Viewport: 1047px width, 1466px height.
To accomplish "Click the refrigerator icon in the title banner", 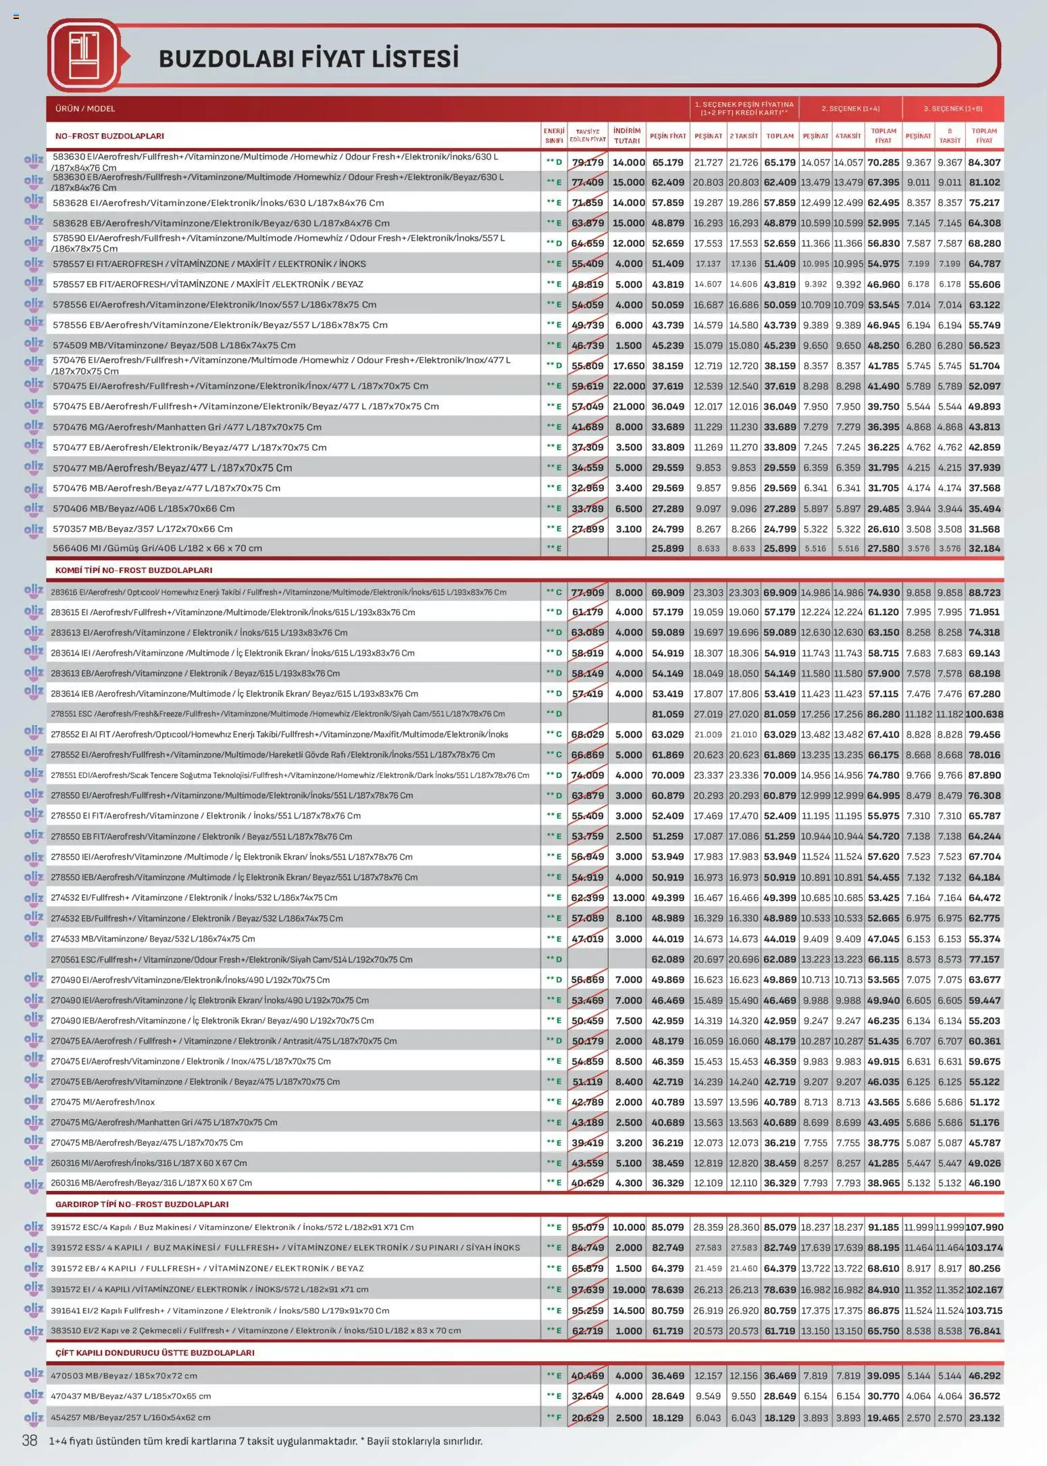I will point(84,56).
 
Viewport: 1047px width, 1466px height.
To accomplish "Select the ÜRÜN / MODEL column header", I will point(85,108).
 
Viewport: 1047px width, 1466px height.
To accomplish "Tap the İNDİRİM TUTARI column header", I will point(627,136).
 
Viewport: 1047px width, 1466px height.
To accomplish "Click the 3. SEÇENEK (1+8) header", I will point(952,108).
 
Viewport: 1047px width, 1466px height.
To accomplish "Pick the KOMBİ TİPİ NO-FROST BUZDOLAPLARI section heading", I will point(134,570).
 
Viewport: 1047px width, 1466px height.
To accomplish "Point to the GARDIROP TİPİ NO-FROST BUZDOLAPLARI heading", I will point(142,1204).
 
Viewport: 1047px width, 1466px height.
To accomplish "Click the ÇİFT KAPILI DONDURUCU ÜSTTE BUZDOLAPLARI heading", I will point(155,1352).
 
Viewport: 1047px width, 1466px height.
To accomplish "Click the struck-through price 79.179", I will point(588,162).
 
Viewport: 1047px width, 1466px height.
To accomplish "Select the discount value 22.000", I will point(628,386).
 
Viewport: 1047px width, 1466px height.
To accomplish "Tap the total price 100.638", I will point(984,714).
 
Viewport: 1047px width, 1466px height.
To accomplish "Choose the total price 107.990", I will point(984,1227).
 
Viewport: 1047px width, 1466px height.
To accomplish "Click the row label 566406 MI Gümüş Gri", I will point(157,548).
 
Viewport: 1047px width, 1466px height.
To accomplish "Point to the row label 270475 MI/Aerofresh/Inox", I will point(103,1102).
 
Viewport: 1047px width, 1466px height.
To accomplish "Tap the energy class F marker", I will point(555,1417).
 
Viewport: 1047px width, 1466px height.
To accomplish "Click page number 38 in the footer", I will point(30,1440).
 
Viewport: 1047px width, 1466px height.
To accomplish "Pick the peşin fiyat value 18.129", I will point(667,1417).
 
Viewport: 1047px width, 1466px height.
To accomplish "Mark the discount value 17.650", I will point(628,366).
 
